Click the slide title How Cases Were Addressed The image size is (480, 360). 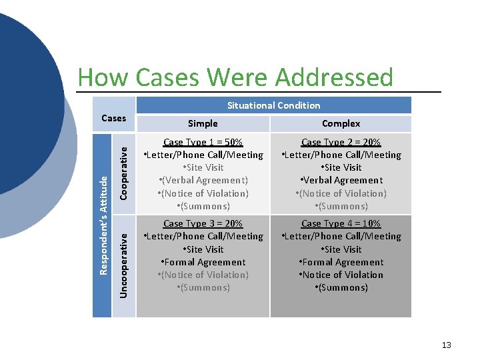pos(235,78)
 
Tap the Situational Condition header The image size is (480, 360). pos(273,105)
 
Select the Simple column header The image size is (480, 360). pos(203,123)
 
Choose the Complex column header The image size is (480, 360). pos(341,123)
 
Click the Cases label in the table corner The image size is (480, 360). pos(113,118)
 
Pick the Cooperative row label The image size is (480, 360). pos(123,173)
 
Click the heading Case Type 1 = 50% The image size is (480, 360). pos(203,142)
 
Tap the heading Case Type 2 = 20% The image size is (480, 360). pos(341,142)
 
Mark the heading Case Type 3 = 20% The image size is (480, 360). pos(203,223)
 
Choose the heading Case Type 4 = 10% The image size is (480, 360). pos(341,223)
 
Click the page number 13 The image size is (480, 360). pos(446,345)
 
